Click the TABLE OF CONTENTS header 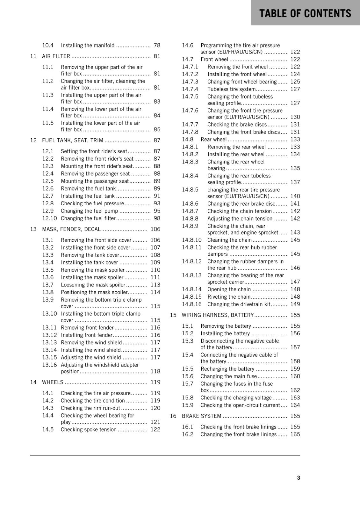pyautogui.click(x=305, y=13)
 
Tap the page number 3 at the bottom pyautogui.click(x=298, y=477)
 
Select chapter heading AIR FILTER pyautogui.click(x=56, y=56)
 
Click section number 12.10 pyautogui.click(x=49, y=218)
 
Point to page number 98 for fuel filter pyautogui.click(x=157, y=218)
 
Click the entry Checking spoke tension pyautogui.click(x=89, y=429)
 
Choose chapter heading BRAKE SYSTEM pyautogui.click(x=201, y=416)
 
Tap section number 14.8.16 pyautogui.click(x=191, y=304)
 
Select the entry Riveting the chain pyautogui.click(x=229, y=297)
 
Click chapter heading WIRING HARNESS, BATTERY pyautogui.click(x=218, y=315)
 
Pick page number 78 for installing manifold pyautogui.click(x=157, y=46)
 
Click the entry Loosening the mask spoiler pyautogui.click(x=93, y=285)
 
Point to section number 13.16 pyautogui.click(x=49, y=365)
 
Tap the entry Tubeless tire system pyautogui.click(x=231, y=89)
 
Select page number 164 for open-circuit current pyautogui.click(x=295, y=405)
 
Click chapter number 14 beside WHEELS pyautogui.click(x=33, y=382)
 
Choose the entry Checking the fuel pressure pyautogui.click(x=92, y=203)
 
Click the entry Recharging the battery pyautogui.click(x=227, y=369)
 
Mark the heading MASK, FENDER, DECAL pyautogui.click(x=71, y=229)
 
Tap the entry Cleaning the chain pyautogui.click(x=229, y=240)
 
